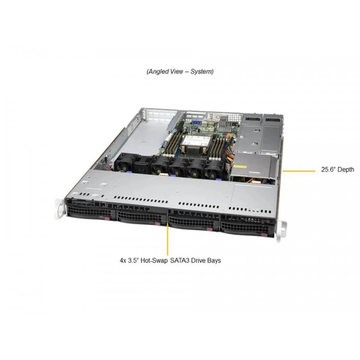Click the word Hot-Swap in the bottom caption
pos(154,261)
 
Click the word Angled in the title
pos(159,72)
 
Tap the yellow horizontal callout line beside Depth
pos(299,171)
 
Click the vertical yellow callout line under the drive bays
pos(168,239)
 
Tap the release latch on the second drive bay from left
pos(158,223)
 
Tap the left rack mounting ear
pos(59,209)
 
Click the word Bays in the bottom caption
pos(215,261)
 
